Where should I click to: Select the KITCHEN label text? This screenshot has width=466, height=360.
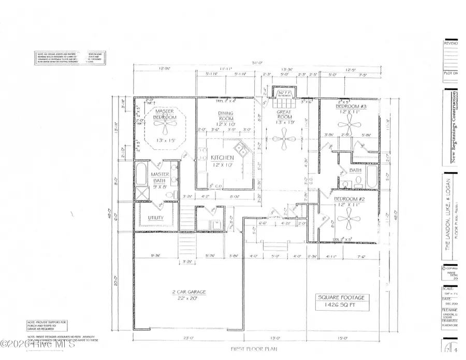[222, 157]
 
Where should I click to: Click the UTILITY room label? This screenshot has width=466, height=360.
[156, 218]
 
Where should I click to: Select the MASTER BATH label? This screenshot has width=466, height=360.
[161, 177]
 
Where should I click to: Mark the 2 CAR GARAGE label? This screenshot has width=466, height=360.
[189, 292]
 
